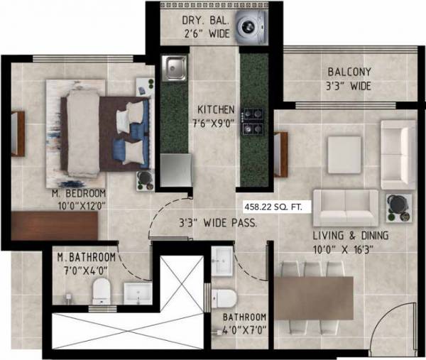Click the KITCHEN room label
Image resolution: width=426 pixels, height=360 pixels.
[x=216, y=110]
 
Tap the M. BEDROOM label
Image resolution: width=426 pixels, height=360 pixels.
[x=79, y=193]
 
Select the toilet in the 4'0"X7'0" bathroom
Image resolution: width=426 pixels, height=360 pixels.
[x=224, y=298]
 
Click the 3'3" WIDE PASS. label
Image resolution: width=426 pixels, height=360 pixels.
[x=217, y=222]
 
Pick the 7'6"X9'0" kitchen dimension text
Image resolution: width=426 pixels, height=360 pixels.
[x=215, y=123]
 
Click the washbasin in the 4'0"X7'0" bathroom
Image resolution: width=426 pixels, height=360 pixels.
[x=221, y=258]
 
